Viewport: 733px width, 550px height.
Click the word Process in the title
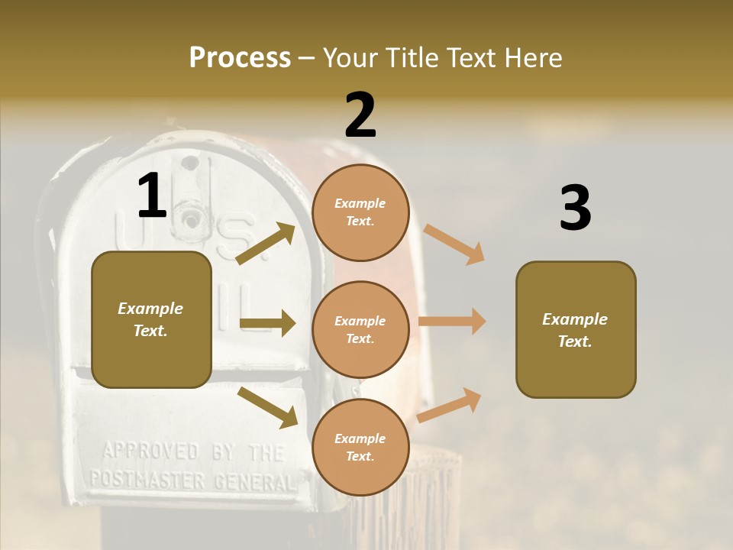240,58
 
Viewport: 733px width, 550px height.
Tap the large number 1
152,196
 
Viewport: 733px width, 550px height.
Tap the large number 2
360,115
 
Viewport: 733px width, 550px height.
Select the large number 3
575,208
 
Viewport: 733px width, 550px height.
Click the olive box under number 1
151,319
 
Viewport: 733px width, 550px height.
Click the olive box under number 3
576,330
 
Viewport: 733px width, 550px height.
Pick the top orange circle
360,212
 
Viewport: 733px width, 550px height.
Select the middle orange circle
360,329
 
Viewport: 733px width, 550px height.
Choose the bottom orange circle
360,447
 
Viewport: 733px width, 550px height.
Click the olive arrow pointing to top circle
266,244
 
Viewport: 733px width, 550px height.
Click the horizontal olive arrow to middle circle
267,323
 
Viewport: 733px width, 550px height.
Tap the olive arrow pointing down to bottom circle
268,407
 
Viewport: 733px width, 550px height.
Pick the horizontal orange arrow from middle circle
452,322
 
